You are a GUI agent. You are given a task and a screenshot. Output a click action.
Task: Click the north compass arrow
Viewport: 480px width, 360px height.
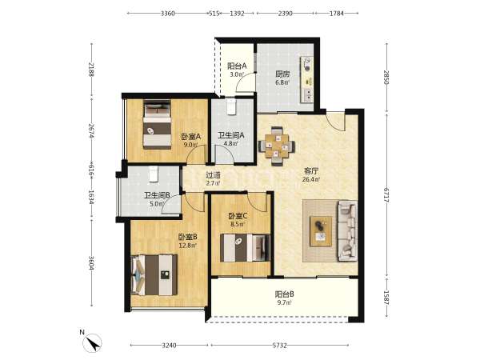pos(93,342)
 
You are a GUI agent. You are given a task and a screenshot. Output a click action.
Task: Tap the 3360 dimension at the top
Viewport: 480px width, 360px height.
pos(168,13)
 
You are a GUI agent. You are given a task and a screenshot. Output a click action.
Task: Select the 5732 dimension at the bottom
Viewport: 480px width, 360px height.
pos(279,346)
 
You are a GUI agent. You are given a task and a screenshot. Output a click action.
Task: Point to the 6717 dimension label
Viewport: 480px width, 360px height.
pos(387,194)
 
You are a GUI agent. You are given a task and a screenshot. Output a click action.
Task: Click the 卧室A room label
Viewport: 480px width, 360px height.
pos(190,136)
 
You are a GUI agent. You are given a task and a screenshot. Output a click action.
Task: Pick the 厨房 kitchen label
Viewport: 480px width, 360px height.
pos(282,74)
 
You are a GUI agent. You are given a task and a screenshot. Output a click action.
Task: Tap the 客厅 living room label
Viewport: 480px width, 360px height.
pos(310,171)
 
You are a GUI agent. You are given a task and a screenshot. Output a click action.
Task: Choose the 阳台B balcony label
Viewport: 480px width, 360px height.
pos(284,294)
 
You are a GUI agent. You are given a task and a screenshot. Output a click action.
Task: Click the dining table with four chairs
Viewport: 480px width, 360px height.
pos(277,146)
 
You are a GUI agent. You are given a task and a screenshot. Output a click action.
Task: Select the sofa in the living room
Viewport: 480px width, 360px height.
pos(347,231)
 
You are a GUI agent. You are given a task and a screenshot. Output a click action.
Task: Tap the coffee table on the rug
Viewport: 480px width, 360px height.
pos(321,231)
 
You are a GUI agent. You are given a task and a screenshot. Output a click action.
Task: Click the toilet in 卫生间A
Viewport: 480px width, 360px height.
pos(231,106)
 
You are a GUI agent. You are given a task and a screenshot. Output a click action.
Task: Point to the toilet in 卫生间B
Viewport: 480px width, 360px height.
pos(154,174)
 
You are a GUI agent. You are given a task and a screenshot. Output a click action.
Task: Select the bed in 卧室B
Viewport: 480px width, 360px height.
pos(154,274)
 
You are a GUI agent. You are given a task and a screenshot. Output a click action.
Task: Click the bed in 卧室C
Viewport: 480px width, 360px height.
pos(246,248)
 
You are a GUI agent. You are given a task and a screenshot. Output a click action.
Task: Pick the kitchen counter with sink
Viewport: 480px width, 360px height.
pos(307,79)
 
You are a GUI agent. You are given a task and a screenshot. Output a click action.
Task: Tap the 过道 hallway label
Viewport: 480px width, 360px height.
pos(213,176)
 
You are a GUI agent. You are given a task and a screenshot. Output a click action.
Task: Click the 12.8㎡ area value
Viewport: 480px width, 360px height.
pos(188,245)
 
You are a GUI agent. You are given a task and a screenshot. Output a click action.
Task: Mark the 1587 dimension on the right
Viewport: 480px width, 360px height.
pos(387,298)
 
